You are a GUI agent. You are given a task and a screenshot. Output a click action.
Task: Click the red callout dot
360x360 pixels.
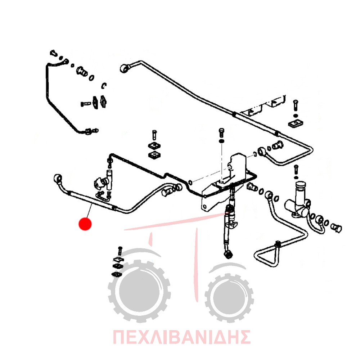[85, 224]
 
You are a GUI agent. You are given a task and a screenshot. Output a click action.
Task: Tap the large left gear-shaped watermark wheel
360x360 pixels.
[139, 292]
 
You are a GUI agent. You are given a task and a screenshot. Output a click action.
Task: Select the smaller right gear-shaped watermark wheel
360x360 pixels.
[229, 298]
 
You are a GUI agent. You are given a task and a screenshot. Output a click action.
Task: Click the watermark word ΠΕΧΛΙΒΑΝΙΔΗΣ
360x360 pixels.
[181, 337]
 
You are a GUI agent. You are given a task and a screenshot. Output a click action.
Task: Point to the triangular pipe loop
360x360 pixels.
[266, 255]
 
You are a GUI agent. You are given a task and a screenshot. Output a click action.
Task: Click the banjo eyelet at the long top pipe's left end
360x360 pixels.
[125, 68]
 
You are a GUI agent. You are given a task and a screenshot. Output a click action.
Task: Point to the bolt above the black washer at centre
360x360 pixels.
[221, 133]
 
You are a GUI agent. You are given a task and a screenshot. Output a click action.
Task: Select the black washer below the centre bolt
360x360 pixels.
[221, 140]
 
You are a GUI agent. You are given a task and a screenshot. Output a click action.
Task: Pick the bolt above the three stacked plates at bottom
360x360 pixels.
[120, 251]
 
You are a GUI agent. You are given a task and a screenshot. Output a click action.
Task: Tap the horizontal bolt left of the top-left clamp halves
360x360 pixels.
[86, 104]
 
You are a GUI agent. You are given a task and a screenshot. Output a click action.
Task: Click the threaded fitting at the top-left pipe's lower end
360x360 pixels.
[91, 131]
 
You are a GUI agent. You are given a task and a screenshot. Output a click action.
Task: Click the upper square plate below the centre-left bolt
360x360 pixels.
[154, 145]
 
